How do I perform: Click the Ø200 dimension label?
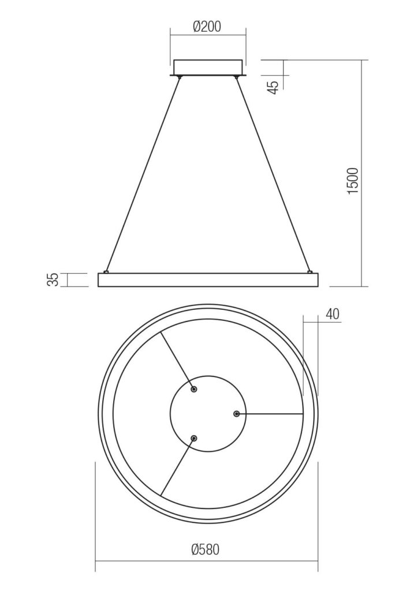(x=207, y=27)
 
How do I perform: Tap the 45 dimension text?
(x=275, y=87)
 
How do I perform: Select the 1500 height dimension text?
(x=353, y=181)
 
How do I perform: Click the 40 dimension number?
(x=332, y=315)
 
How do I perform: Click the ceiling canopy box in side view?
(x=208, y=68)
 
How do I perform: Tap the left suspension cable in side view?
(x=143, y=174)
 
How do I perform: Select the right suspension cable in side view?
(x=273, y=174)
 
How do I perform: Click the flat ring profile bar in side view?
(x=208, y=280)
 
